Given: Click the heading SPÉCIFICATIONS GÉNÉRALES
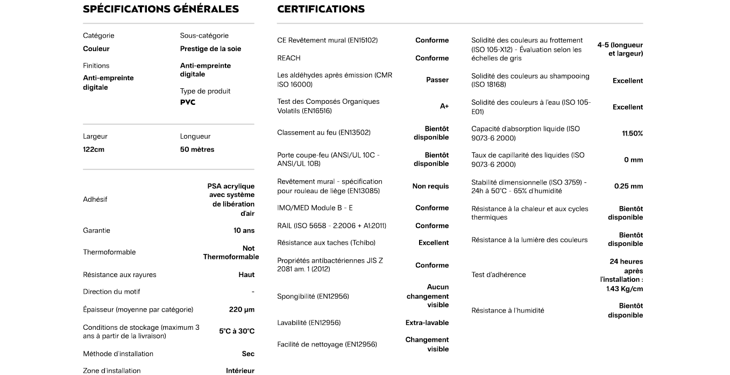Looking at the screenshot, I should (x=161, y=9).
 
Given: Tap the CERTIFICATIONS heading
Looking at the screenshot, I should (x=321, y=9).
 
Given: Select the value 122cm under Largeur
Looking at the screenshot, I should (x=94, y=150).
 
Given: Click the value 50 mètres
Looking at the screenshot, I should (x=197, y=150).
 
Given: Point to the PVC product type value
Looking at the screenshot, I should (x=188, y=102).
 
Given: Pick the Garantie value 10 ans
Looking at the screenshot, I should (x=244, y=231).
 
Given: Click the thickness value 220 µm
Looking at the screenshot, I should (x=242, y=310).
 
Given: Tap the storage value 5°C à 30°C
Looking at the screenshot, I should (x=237, y=331).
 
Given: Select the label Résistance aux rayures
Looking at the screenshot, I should (x=119, y=275).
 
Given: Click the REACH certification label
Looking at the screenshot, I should (x=289, y=58).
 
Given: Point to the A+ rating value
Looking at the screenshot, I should (x=444, y=107).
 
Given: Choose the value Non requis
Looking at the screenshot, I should (x=430, y=187).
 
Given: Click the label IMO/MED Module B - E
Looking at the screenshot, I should (x=315, y=208).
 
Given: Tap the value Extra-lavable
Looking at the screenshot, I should (x=427, y=323).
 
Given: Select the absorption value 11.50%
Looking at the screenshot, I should (x=632, y=133).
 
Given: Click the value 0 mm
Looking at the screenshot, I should (x=633, y=160).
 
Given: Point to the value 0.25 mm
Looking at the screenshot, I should (x=628, y=187).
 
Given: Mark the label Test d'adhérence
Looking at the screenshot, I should (x=498, y=275).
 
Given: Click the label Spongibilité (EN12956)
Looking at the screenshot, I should (x=313, y=296).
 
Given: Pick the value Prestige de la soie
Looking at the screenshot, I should (x=210, y=49).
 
